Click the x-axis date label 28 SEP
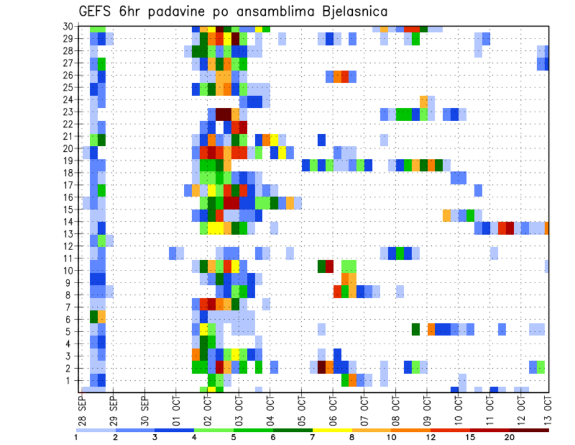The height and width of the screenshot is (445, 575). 82,408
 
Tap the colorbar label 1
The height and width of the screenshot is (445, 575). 76,437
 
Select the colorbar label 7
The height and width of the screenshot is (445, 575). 313,437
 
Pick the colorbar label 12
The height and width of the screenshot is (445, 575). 431,437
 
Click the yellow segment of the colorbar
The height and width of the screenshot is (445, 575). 332,430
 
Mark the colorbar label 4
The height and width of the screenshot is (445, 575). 195,437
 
